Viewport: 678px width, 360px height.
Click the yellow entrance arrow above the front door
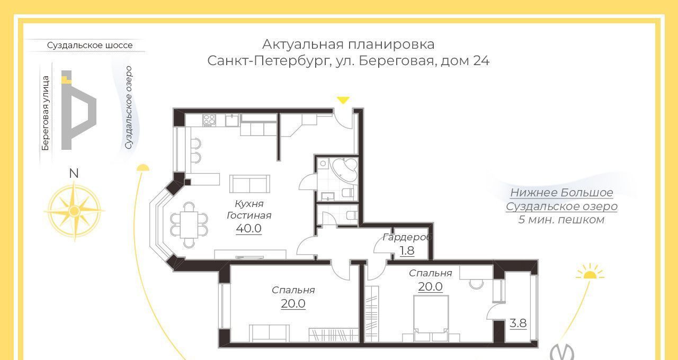point(343,100)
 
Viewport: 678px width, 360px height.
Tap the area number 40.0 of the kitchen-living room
point(249,228)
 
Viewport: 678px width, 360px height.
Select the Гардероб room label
point(407,237)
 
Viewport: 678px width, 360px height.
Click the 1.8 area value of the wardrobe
point(407,251)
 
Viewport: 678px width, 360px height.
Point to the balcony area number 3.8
point(518,323)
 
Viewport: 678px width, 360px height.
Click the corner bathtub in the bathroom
point(345,170)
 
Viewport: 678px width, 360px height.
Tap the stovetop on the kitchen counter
point(209,120)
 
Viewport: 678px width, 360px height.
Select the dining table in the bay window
point(189,224)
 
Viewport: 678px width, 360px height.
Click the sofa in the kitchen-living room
point(249,184)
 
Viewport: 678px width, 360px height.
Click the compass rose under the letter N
point(75,211)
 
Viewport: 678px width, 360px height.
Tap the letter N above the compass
point(74,173)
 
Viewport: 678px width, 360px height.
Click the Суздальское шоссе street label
point(90,46)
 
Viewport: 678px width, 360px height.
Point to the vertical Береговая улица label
point(46,113)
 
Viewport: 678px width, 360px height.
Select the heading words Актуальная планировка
point(348,44)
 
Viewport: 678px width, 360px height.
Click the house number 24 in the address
point(481,60)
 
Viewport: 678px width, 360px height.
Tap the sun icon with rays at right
point(590,272)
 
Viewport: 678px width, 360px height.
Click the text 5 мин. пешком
point(561,220)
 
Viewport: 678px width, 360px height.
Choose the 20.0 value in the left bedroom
point(293,303)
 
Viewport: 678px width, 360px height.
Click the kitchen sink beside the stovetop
point(232,120)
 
